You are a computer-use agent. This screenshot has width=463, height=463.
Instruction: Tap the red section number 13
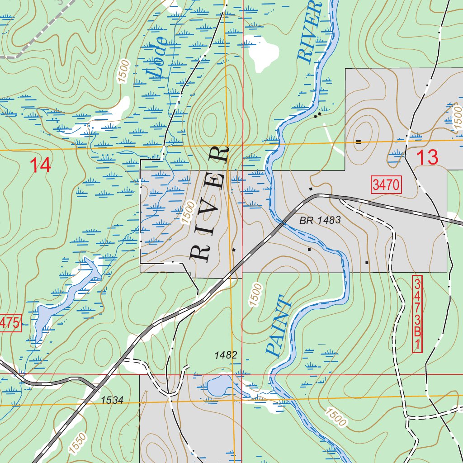tap(427, 157)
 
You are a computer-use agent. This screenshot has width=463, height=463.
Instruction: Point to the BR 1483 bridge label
tap(319, 220)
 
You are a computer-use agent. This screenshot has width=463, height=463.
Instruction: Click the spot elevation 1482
tap(226, 355)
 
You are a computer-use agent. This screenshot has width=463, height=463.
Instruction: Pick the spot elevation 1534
tap(112, 400)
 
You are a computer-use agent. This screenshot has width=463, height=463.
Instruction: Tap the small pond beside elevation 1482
tap(219, 385)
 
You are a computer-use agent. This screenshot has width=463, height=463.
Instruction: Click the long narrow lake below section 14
tap(68, 294)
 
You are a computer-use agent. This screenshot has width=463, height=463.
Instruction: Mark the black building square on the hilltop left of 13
tap(359, 142)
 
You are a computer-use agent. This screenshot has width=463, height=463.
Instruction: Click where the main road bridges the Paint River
tap(284, 222)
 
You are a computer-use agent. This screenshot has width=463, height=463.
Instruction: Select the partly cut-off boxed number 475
tap(10, 323)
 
